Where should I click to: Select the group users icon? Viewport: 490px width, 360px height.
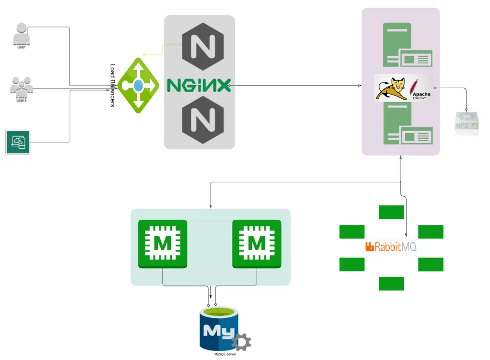tap(22, 87)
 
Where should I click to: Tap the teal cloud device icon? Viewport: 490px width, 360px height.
tap(18, 142)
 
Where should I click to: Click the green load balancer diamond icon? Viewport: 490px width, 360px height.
tap(138, 85)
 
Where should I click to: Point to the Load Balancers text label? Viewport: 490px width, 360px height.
tap(113, 85)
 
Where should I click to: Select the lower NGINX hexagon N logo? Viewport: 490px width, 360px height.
tap(200, 121)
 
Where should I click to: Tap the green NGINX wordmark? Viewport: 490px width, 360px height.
tap(198, 85)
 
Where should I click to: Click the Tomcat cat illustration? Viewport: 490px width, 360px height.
tap(392, 89)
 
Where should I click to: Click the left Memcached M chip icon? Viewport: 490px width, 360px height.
tap(162, 243)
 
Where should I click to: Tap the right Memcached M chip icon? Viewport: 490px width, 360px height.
tap(257, 243)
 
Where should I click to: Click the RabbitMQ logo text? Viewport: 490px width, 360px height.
tap(391, 246)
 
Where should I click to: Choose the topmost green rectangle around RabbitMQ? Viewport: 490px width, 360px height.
tap(391, 212)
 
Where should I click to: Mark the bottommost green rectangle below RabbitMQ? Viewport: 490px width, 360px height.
tap(391, 283)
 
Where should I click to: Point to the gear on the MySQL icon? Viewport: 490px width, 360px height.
tap(241, 342)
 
